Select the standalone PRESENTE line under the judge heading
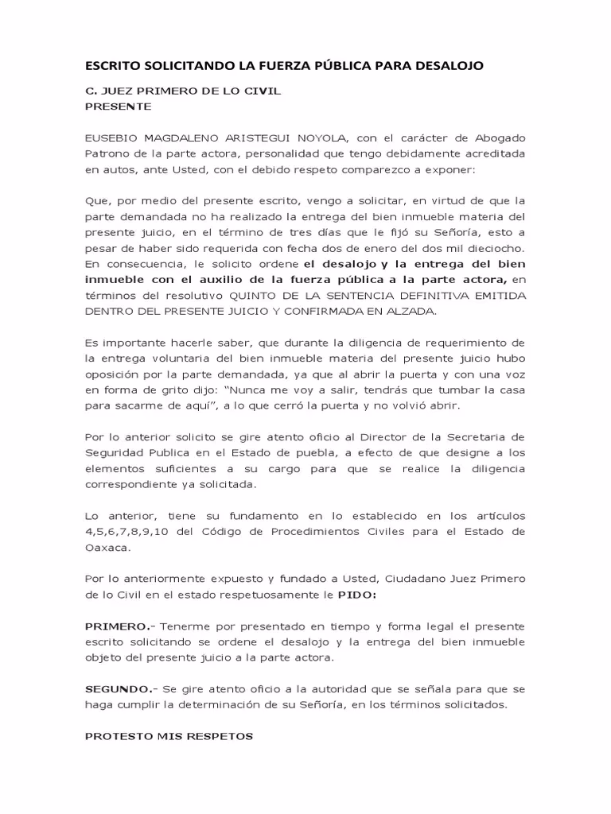click(x=119, y=106)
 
